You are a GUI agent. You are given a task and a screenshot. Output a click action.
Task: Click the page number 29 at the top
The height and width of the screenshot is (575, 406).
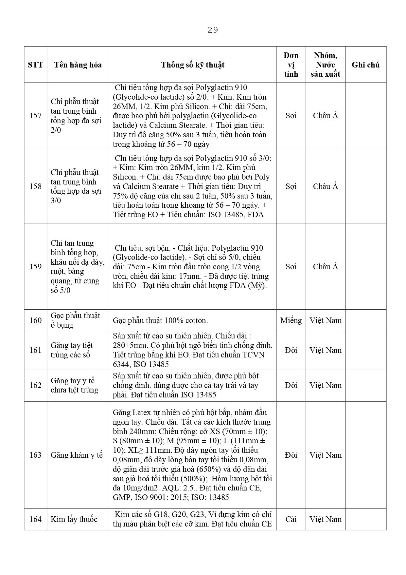(x=213, y=30)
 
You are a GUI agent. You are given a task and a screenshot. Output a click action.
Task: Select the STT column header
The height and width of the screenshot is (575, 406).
(x=35, y=65)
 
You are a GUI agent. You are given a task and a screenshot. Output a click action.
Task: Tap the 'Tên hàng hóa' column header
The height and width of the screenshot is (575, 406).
(x=78, y=65)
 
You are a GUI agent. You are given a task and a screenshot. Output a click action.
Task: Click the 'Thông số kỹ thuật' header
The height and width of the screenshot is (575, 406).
(x=193, y=65)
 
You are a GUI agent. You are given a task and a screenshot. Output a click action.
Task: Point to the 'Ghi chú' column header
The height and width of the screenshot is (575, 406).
(x=365, y=65)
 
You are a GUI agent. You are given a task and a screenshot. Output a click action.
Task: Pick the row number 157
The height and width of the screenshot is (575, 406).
(x=35, y=116)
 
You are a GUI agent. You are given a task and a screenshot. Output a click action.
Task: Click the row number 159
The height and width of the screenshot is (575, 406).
(x=35, y=267)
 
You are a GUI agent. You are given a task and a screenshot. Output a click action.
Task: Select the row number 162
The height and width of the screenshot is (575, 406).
(x=35, y=385)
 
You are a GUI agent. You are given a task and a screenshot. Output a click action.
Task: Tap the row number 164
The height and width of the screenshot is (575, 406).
(x=35, y=519)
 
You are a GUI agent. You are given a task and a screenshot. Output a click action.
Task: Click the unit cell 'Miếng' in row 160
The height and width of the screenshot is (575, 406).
(x=291, y=320)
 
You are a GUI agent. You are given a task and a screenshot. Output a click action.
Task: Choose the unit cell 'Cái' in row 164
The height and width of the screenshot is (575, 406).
(x=291, y=519)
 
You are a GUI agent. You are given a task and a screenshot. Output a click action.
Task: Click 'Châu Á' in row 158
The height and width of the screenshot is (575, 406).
(x=325, y=186)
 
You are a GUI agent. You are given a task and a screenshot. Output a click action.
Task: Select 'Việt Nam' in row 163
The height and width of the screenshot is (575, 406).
(x=325, y=455)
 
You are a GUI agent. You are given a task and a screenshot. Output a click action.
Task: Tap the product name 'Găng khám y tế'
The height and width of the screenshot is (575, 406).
(x=77, y=455)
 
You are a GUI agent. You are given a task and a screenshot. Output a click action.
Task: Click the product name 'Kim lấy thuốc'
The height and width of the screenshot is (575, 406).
(x=74, y=519)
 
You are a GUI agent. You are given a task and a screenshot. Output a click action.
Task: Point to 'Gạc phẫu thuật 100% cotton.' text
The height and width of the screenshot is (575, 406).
(x=160, y=320)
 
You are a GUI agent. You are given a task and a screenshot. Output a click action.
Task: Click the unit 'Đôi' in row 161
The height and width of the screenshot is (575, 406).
(x=291, y=350)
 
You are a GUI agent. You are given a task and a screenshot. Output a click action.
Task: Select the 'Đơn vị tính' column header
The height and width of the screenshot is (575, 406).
(x=291, y=65)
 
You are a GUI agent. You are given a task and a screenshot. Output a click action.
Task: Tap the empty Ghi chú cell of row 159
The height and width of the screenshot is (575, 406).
(x=365, y=267)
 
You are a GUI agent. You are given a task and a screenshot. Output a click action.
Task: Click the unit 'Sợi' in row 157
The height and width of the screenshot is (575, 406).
(x=291, y=116)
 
